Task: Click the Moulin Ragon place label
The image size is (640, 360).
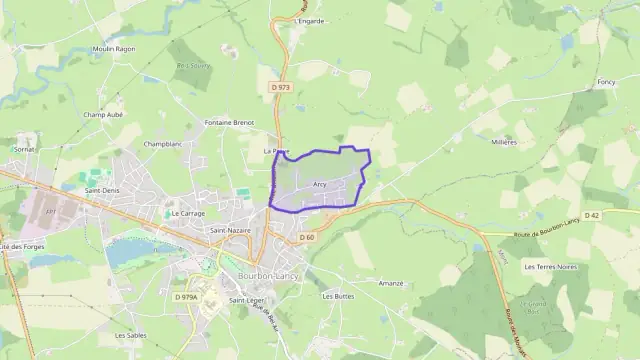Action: (x=113, y=47)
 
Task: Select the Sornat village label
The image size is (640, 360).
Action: (x=24, y=149)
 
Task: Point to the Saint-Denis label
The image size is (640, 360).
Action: (x=102, y=190)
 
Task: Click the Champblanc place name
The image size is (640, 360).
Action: (x=162, y=144)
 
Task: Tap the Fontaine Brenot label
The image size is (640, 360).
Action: (x=228, y=122)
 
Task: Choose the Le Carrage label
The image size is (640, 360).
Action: (x=188, y=213)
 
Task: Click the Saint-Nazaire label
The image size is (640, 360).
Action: (x=229, y=230)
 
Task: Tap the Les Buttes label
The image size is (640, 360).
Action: (x=338, y=296)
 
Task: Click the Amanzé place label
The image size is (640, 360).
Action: (x=391, y=283)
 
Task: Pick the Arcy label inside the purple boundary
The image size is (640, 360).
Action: (x=320, y=185)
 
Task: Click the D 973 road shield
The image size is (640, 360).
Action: (x=280, y=87)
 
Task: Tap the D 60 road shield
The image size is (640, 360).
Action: (x=307, y=237)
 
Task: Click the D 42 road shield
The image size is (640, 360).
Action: (x=620, y=215)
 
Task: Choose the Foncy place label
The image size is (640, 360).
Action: (x=606, y=82)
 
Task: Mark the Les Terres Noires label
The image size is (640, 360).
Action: (x=550, y=267)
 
